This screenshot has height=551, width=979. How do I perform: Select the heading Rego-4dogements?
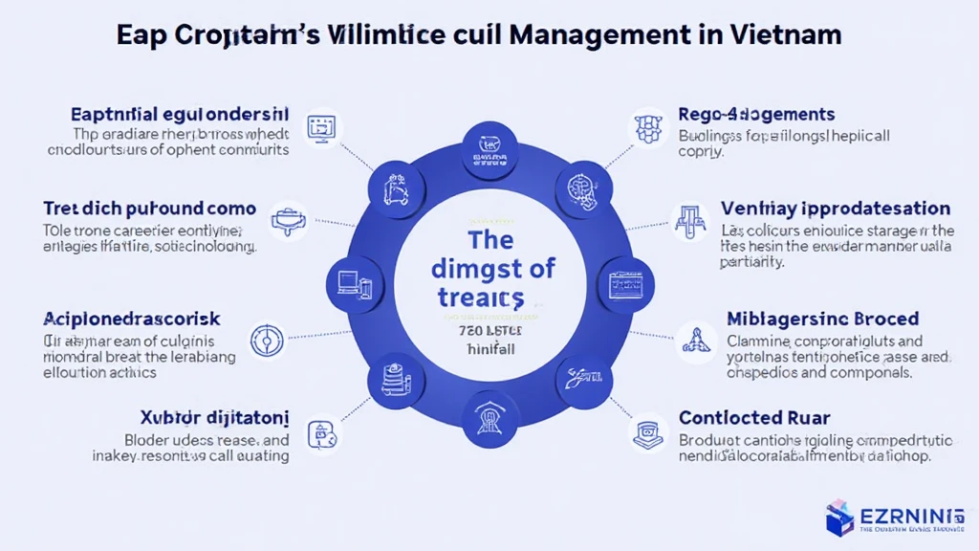756,115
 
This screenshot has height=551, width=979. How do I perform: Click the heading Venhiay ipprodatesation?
815,209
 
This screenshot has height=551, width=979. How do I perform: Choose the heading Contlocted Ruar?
753,418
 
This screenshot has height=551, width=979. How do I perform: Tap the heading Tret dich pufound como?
149,209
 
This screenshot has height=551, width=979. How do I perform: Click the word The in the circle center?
490,239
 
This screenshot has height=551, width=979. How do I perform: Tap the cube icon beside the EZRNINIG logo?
840,517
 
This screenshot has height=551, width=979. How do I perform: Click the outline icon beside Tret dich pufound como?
286,221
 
